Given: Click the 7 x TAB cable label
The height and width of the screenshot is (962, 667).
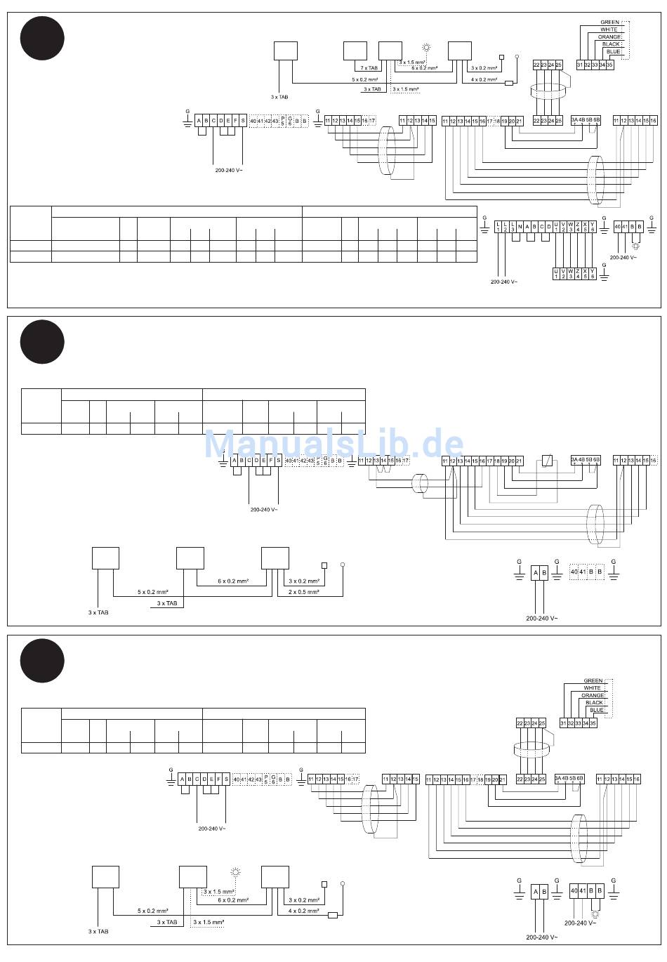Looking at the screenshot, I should pos(369,68).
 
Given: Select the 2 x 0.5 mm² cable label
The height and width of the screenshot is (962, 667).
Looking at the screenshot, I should pos(303,592).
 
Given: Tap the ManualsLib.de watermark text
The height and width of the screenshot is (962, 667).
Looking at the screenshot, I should pos(333,444).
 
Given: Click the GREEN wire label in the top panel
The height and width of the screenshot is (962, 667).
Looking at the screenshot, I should pos(609,22).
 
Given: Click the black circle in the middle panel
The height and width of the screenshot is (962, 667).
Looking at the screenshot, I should pos(42,342).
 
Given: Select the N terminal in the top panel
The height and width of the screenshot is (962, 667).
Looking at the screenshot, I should pos(520,227).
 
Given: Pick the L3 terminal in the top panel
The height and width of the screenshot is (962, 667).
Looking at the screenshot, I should pos(513,227).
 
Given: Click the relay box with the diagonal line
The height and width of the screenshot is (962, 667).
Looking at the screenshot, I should pos(548,461).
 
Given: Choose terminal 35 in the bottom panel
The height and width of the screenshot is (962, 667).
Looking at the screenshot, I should pos(593,723).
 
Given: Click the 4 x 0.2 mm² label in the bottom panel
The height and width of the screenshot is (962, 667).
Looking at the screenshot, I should pos(303,911).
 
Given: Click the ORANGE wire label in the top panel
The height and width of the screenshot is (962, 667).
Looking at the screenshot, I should pos(609,37).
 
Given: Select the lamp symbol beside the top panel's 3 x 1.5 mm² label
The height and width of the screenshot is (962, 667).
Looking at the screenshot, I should pos(425,48).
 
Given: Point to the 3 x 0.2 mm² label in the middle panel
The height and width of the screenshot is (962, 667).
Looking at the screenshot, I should pos(303,581).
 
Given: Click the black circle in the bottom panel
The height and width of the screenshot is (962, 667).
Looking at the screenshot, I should pos(42,661).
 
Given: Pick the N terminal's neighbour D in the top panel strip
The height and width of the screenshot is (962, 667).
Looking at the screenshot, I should pos(548,227).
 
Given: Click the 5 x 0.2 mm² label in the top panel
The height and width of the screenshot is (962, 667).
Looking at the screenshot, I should pos(364,79).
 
